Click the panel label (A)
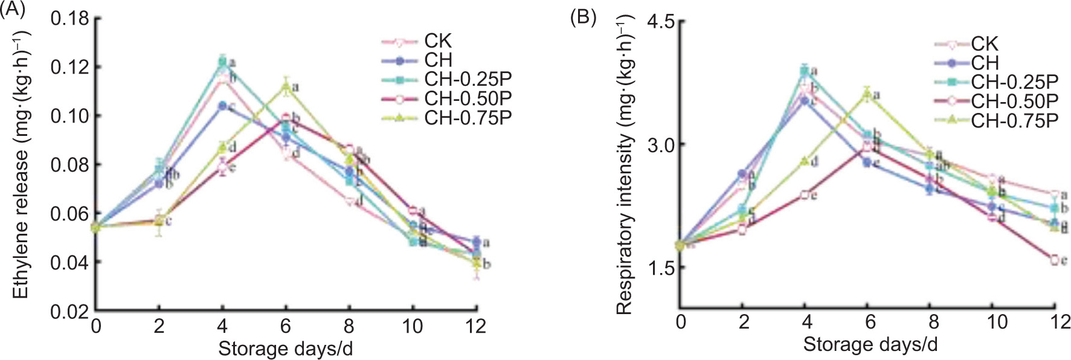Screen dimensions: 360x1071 pyautogui.click(x=13, y=9)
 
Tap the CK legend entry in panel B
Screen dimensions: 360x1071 pyautogui.click(x=984, y=44)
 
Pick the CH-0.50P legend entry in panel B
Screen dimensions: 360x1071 pyautogui.click(x=1014, y=102)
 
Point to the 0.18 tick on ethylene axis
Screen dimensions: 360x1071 pyautogui.click(x=69, y=19)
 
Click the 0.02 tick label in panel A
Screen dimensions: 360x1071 pyautogui.click(x=69, y=312)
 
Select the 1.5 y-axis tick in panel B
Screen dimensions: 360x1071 pyautogui.click(x=660, y=268)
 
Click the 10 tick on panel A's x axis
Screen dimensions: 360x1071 pyautogui.click(x=413, y=327)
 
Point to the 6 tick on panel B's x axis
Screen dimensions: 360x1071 pyautogui.click(x=870, y=322)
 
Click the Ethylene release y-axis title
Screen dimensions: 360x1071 pyautogui.click(x=21, y=163)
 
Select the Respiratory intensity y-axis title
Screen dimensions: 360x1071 pyautogui.click(x=624, y=166)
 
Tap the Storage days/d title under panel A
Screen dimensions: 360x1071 pyautogui.click(x=285, y=349)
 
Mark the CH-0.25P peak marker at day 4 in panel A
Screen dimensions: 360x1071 pyautogui.click(x=222, y=61)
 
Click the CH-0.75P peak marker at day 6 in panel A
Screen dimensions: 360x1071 pyautogui.click(x=286, y=86)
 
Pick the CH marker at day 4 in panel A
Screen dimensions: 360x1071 pyautogui.click(x=222, y=106)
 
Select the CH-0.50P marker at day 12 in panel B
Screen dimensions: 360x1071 pyautogui.click(x=1055, y=260)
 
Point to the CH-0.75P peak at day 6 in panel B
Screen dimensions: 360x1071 pyautogui.click(x=867, y=94)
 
